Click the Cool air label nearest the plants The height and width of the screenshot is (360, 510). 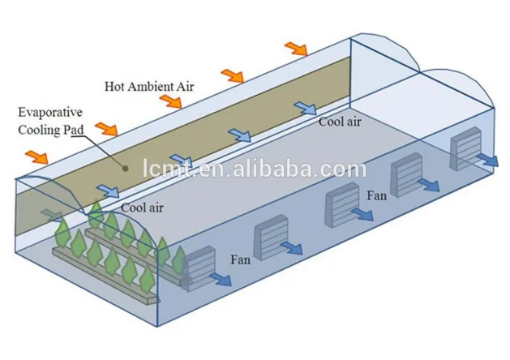tap(143, 208)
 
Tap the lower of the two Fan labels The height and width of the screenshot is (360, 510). tap(241, 259)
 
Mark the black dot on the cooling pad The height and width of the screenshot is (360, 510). tap(126, 169)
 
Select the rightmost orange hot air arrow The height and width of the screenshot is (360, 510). tap(296, 49)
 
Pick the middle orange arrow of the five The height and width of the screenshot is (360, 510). tap(169, 101)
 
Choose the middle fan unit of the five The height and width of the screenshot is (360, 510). tap(340, 207)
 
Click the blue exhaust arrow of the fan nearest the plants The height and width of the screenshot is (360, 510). tap(220, 281)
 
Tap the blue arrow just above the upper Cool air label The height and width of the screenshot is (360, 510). tap(305, 108)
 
